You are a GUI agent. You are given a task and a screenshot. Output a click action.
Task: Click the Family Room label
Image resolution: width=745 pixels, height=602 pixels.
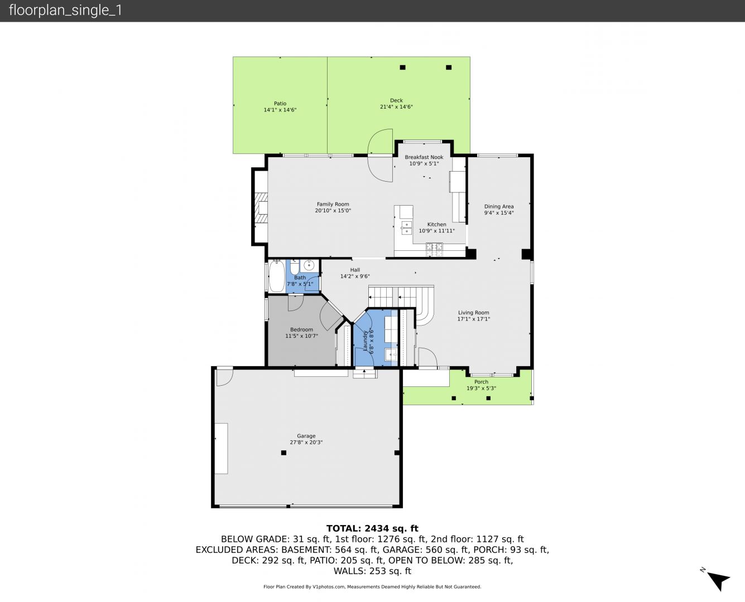[333, 204]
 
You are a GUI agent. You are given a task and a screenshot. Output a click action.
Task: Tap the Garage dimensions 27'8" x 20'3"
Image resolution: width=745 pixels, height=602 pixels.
[306, 443]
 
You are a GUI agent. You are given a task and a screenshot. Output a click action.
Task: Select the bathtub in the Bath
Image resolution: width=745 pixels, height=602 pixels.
[277, 276]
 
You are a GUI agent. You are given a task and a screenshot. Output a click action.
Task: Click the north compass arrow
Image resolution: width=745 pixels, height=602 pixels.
[718, 581]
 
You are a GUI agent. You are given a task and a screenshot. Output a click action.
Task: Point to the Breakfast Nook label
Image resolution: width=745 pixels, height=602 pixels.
[424, 157]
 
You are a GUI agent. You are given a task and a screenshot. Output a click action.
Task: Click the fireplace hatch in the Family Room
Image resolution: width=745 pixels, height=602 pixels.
[261, 207]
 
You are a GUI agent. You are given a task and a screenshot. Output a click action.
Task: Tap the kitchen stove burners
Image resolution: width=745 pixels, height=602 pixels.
[434, 247]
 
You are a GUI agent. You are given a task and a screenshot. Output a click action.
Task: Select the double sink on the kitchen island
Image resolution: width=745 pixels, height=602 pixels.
[406, 227]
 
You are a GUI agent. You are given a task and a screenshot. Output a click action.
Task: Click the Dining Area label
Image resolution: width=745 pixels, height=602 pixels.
[499, 206]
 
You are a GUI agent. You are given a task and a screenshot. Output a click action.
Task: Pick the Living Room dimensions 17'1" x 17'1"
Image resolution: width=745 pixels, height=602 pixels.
[474, 319]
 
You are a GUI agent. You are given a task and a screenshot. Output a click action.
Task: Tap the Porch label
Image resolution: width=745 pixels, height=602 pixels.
[481, 382]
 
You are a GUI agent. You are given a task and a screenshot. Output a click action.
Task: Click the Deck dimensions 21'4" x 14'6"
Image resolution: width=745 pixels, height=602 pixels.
[396, 107]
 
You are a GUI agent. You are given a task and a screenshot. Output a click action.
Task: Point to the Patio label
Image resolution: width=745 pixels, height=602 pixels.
[280, 104]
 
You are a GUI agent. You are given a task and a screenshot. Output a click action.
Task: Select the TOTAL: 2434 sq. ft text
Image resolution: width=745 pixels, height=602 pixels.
[372, 528]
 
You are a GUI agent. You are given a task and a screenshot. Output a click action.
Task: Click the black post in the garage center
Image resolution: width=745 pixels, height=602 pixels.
[283, 453]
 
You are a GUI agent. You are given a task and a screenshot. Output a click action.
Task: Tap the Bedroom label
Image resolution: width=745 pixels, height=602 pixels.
[301, 329]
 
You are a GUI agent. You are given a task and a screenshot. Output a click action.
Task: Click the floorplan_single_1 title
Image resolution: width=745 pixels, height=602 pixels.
[65, 11]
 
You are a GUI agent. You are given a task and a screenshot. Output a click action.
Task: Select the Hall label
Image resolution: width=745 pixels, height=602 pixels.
[355, 270]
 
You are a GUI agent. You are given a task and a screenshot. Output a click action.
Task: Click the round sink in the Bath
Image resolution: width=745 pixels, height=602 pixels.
[309, 265]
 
